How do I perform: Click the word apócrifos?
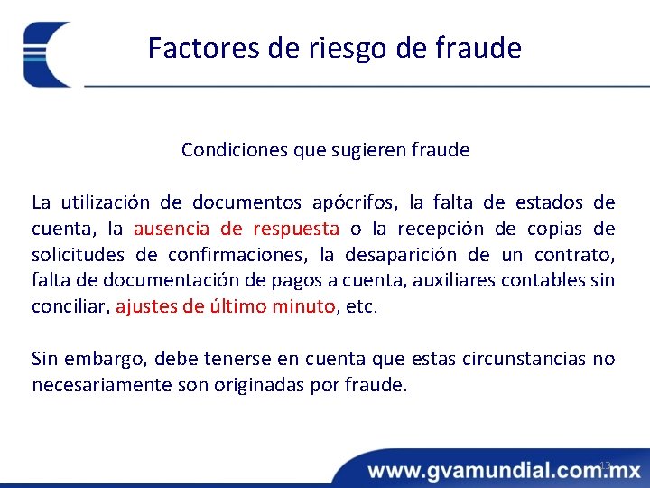point(356,201)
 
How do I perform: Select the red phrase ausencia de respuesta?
point(237,227)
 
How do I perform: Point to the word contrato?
point(579,254)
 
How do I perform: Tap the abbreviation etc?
point(362,306)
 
